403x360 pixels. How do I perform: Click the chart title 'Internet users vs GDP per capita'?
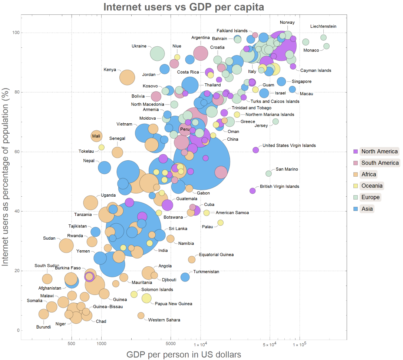tap(184, 7)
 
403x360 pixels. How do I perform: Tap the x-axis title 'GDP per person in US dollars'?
tap(184, 354)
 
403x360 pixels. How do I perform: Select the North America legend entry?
tap(376, 151)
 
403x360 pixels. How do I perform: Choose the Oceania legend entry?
tap(369, 186)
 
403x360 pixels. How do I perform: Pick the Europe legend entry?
tap(367, 197)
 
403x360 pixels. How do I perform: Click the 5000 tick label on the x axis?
tap(171, 344)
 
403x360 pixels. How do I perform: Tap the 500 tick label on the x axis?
tap(72, 344)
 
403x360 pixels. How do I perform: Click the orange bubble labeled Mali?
tap(96, 136)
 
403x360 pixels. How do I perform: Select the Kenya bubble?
tap(127, 77)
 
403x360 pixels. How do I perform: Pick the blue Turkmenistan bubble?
tap(185, 277)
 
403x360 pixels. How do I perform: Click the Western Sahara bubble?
tap(141, 316)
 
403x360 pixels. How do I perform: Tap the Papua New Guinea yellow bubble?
tap(146, 299)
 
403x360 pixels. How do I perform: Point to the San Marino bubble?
tap(268, 174)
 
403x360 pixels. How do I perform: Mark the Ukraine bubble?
tap(157, 54)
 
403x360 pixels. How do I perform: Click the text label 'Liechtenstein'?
tap(323, 26)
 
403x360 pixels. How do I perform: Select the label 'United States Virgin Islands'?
tap(289, 146)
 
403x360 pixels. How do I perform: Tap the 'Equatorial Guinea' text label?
tap(216, 255)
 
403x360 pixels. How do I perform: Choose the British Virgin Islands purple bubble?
tap(252, 191)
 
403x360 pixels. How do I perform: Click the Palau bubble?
tap(221, 223)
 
